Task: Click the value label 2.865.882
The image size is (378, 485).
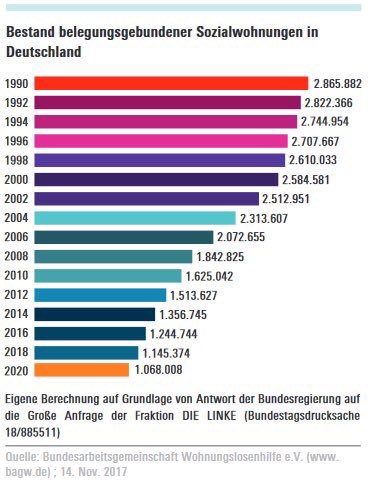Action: pyautogui.click(x=337, y=83)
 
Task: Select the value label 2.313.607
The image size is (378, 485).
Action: pyautogui.click(x=265, y=217)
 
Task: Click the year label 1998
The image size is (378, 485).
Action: pyautogui.click(x=18, y=160)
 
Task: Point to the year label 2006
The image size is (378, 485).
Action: pyautogui.click(x=18, y=237)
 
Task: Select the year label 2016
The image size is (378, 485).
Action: pyautogui.click(x=18, y=332)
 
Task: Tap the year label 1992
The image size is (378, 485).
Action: pyautogui.click(x=18, y=103)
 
